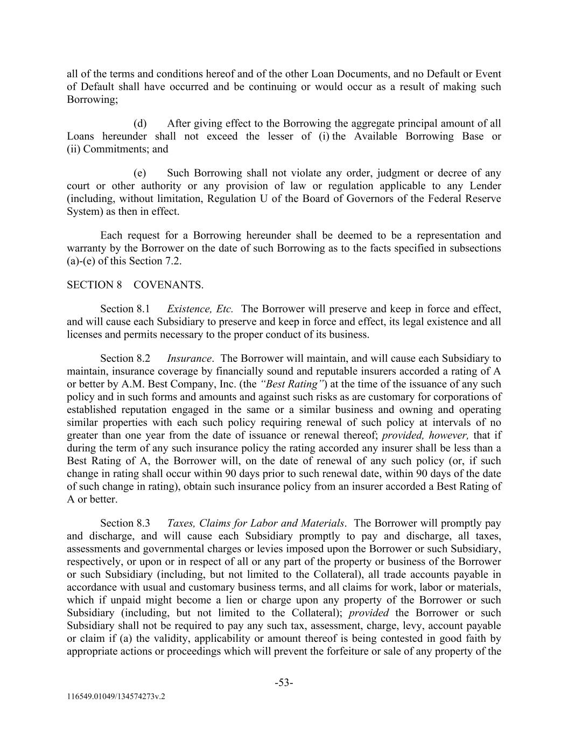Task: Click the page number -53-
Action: (x=284, y=683)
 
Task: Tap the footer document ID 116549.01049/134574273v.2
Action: (x=116, y=696)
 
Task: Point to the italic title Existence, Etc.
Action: (x=200, y=309)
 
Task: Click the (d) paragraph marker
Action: (x=140, y=124)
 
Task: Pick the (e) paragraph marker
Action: (x=140, y=173)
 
